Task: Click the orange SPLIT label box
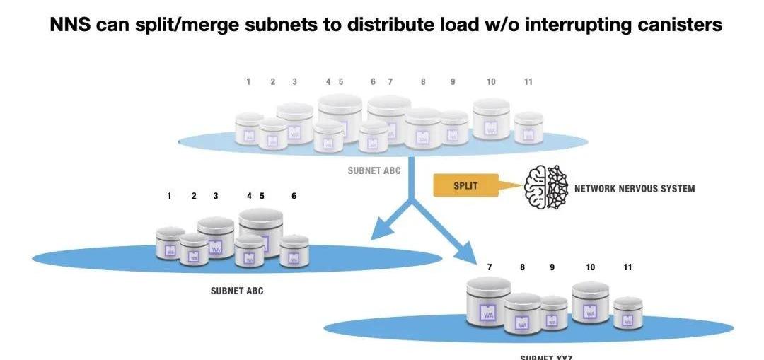click(465, 186)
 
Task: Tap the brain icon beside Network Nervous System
click(546, 187)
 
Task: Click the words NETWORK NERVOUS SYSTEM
click(634, 189)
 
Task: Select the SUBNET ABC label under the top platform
click(374, 170)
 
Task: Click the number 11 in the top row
click(528, 82)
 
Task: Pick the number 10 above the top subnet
click(491, 82)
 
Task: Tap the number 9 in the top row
click(453, 82)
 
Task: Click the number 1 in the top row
click(248, 82)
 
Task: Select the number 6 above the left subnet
click(294, 196)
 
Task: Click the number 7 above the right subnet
click(490, 267)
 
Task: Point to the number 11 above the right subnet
click(627, 267)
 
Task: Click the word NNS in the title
click(69, 25)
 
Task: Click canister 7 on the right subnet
click(489, 302)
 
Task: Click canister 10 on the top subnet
click(491, 118)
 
